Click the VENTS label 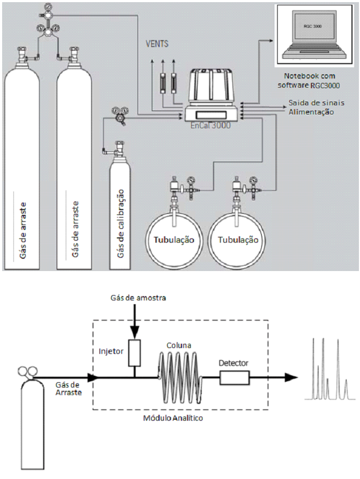coord(157,44)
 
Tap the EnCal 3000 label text coord(210,126)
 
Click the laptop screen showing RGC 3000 coord(312,26)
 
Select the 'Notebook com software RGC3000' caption coord(309,80)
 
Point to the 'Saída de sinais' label coord(316,103)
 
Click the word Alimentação coord(311,112)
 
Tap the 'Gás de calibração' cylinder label coord(121,223)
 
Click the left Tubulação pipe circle coord(174,240)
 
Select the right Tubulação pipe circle coord(238,240)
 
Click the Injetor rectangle coord(135,353)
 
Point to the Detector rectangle coord(234,377)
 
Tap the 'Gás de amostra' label coord(138,298)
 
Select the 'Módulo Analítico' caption coord(173,418)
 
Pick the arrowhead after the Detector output coord(291,377)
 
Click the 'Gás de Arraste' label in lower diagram coord(69,389)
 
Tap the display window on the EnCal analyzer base coord(211,115)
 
